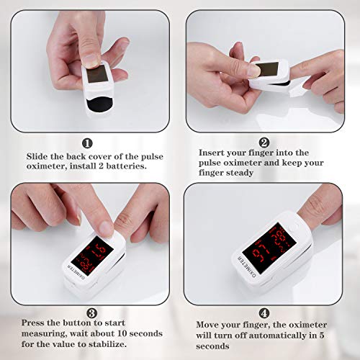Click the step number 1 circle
click(87, 143)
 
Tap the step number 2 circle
click(264, 143)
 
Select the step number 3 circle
click(92, 313)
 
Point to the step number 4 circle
click(264, 313)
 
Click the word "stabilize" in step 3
click(106, 344)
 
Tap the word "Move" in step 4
click(207, 325)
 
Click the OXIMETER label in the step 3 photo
click(76, 273)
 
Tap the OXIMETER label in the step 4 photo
click(246, 266)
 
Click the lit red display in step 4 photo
click(269, 248)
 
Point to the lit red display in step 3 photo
click(92, 256)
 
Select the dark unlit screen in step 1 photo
click(96, 73)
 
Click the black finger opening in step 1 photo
click(99, 106)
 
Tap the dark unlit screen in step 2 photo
click(266, 69)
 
